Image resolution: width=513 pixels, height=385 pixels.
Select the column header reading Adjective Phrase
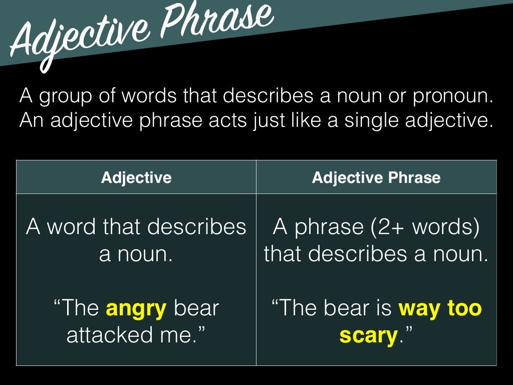pyautogui.click(x=376, y=177)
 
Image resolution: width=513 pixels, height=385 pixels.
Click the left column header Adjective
pyautogui.click(x=136, y=177)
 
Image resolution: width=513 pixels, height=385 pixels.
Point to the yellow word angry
pyautogui.click(x=136, y=308)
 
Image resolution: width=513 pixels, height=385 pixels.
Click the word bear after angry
pyautogui.click(x=196, y=308)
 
